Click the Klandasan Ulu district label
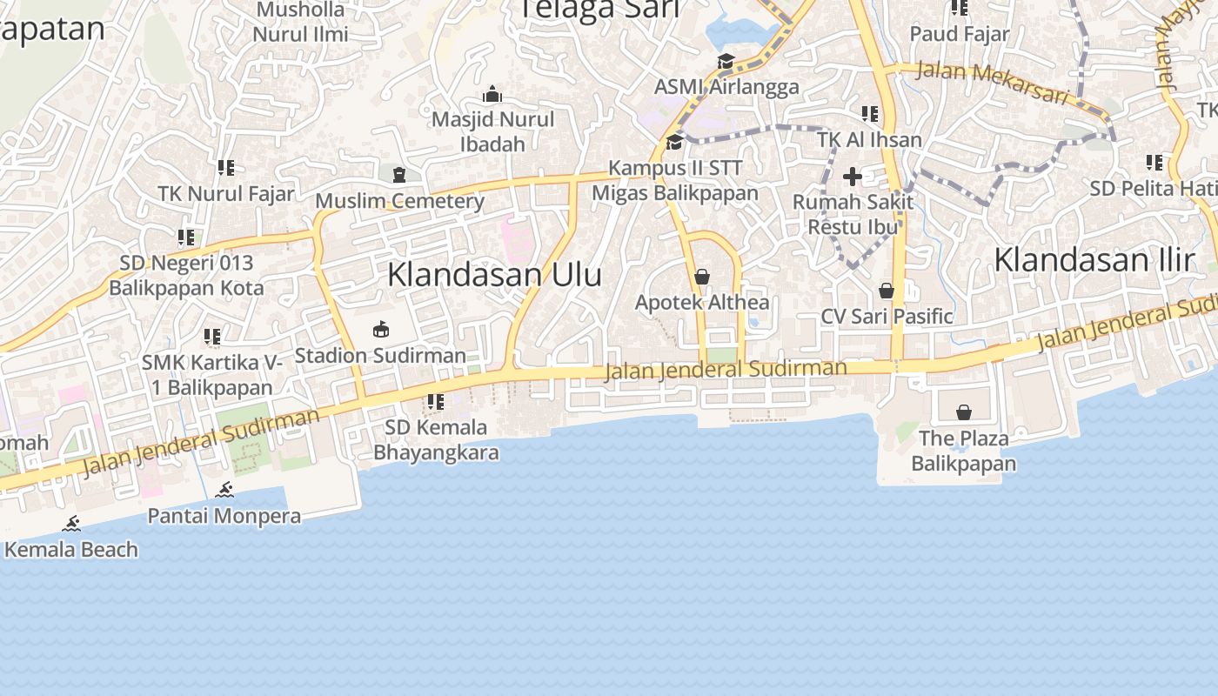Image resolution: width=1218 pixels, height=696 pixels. (x=494, y=275)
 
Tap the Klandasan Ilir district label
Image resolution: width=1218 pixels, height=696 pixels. (x=1094, y=259)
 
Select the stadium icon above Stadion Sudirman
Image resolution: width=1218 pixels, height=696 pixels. (x=380, y=330)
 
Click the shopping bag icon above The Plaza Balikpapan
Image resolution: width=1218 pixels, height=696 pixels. (x=963, y=412)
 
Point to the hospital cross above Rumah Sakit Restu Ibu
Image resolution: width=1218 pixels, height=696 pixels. (x=853, y=177)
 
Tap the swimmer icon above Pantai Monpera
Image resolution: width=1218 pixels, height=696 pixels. (x=224, y=490)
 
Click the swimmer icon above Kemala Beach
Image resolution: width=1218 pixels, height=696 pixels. (x=71, y=524)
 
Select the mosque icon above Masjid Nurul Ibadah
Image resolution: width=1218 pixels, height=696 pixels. (x=492, y=94)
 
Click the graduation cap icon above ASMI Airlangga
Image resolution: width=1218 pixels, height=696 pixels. (x=726, y=61)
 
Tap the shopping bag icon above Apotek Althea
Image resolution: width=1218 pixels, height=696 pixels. (x=702, y=277)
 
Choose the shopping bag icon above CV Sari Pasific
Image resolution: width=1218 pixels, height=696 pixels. (x=887, y=291)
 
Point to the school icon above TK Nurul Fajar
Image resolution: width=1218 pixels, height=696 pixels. (x=226, y=168)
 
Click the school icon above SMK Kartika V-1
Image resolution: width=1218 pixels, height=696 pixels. (x=212, y=336)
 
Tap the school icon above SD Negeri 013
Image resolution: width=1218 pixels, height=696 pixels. (x=186, y=237)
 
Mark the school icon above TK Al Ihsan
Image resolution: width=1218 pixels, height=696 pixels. (x=869, y=114)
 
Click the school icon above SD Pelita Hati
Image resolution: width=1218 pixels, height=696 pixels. (x=1154, y=163)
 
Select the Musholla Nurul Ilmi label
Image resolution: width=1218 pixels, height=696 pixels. (x=301, y=23)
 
